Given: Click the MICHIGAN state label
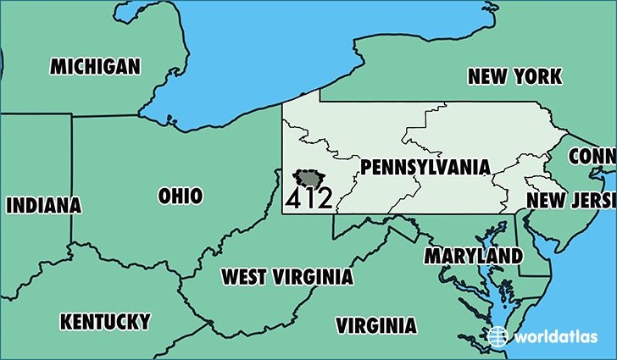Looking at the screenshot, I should (x=95, y=67).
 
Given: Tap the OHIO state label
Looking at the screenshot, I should (x=181, y=197).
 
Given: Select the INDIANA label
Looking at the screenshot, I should (x=44, y=205).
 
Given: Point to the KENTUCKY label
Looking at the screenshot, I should (x=105, y=322).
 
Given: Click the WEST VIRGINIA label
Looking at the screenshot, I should (x=287, y=277).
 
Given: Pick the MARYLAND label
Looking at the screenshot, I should (x=474, y=255).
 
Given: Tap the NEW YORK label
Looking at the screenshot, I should (x=514, y=77).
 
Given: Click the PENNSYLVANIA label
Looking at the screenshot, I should (x=425, y=168).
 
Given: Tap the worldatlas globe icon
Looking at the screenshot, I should (x=500, y=336).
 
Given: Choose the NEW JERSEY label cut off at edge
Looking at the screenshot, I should (x=570, y=200).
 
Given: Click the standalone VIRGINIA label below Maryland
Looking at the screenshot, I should (x=376, y=326).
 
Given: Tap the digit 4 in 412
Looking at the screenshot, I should (x=292, y=200).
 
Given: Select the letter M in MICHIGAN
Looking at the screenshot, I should (x=58, y=67).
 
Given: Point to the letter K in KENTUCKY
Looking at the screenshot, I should (x=65, y=322).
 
